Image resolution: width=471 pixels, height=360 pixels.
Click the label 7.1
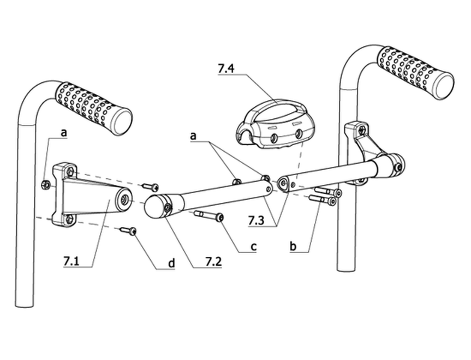(71, 261)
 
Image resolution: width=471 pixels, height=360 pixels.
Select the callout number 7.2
(213, 262)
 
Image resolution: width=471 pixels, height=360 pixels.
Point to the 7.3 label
(256, 221)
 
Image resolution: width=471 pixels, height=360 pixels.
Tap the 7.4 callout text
(226, 69)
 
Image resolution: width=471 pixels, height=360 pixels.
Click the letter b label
(293, 246)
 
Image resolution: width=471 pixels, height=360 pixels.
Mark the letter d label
(171, 263)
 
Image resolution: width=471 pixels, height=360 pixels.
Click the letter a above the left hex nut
(63, 132)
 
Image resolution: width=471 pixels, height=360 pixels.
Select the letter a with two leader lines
(193, 136)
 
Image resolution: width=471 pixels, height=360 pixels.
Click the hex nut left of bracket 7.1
(45, 184)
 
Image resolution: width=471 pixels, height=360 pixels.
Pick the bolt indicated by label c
(209, 215)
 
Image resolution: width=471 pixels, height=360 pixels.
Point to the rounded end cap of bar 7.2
(154, 206)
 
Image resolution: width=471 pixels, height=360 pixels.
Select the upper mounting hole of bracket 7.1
(70, 171)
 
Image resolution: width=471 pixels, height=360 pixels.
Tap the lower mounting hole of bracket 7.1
(69, 219)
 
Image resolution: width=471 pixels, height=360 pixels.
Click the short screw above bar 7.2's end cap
(151, 187)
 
